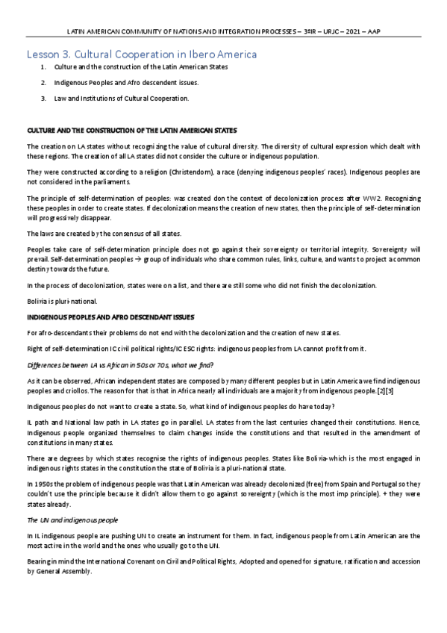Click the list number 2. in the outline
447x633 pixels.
tap(44, 82)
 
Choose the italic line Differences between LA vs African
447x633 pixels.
tap(119, 364)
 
